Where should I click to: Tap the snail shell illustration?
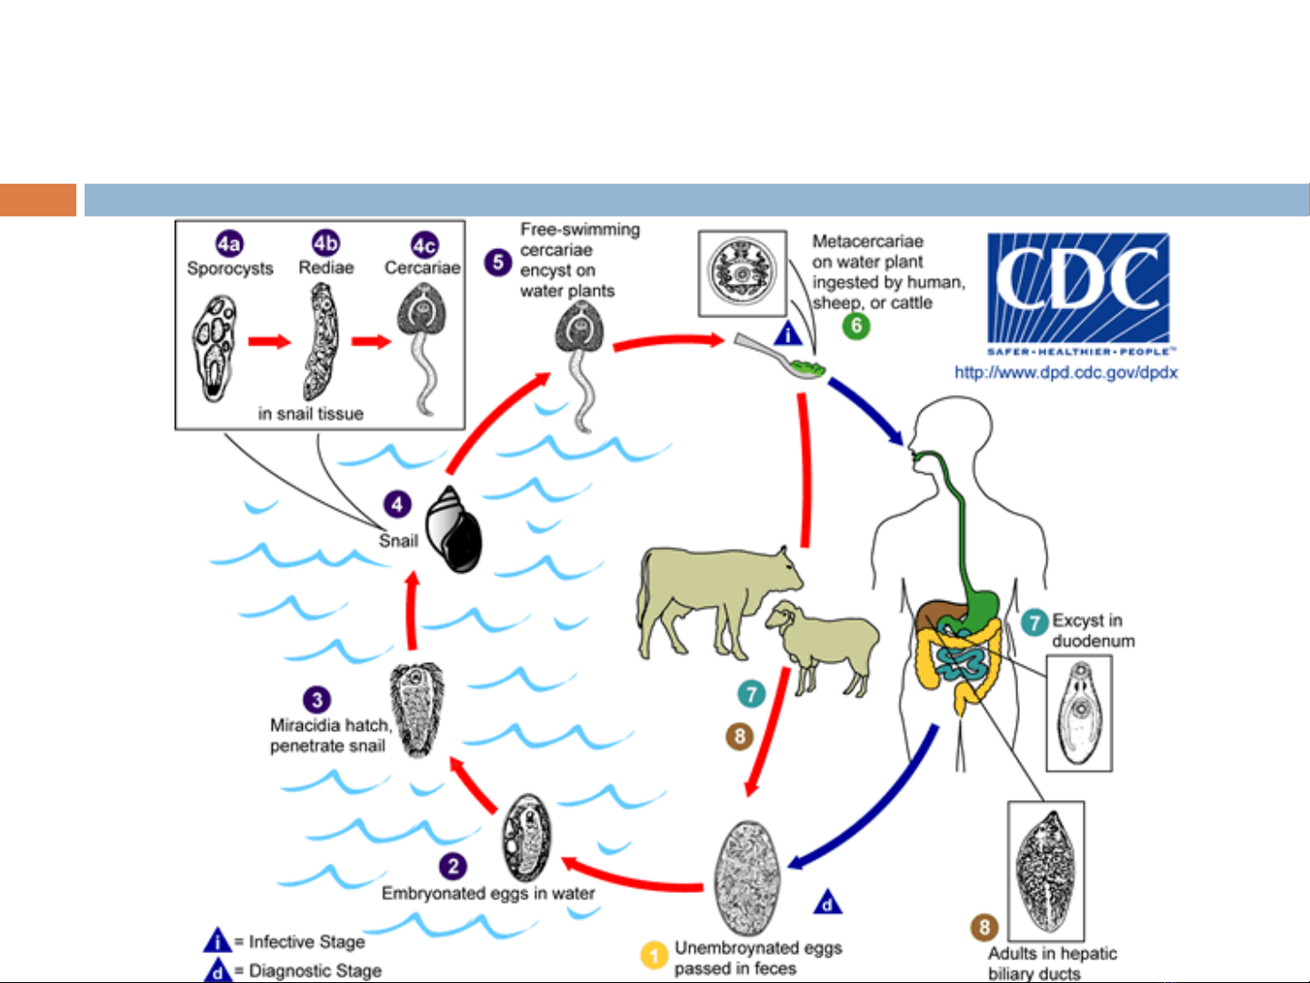pos(455,530)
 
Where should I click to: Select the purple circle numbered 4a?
pos(229,244)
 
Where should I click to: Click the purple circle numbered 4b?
pos(325,243)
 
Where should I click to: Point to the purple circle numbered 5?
pos(497,263)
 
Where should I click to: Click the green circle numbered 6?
pos(855,326)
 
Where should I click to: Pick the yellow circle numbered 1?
pos(654,956)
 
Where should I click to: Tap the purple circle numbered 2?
pos(453,866)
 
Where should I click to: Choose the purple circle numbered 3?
pos(316,699)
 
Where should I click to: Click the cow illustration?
pos(709,596)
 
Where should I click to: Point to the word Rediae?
pos(325,268)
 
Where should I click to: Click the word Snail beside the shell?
pos(398,541)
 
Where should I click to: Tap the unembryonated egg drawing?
pos(748,878)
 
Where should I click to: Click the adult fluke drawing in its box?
pos(1046,871)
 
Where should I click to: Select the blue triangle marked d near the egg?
pos(827,902)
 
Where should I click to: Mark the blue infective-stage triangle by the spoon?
pos(787,334)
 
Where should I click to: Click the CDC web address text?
pos(1065,372)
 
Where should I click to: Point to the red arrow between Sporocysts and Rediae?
pos(269,342)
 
